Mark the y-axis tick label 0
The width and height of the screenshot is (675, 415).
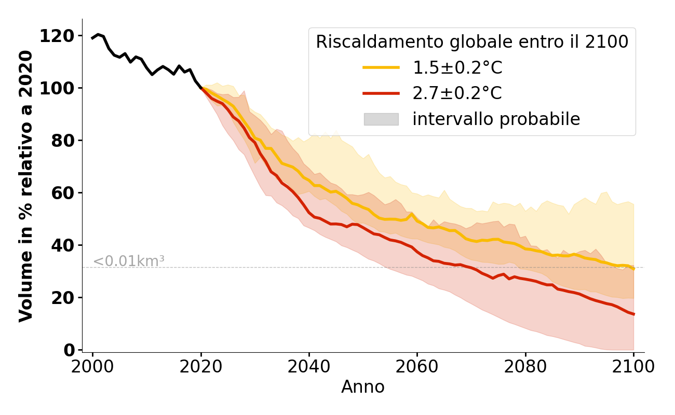(x=68, y=350)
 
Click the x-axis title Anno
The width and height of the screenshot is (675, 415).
(x=363, y=387)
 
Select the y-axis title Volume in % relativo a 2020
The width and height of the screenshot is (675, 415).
(x=26, y=186)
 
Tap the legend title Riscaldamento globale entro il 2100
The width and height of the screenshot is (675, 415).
(x=472, y=41)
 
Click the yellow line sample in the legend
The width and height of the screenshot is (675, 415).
(x=381, y=67)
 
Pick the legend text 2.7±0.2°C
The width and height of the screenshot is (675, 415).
(x=457, y=93)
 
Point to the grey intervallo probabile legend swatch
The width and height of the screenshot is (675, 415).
(x=381, y=119)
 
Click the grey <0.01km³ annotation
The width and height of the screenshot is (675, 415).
(x=129, y=261)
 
